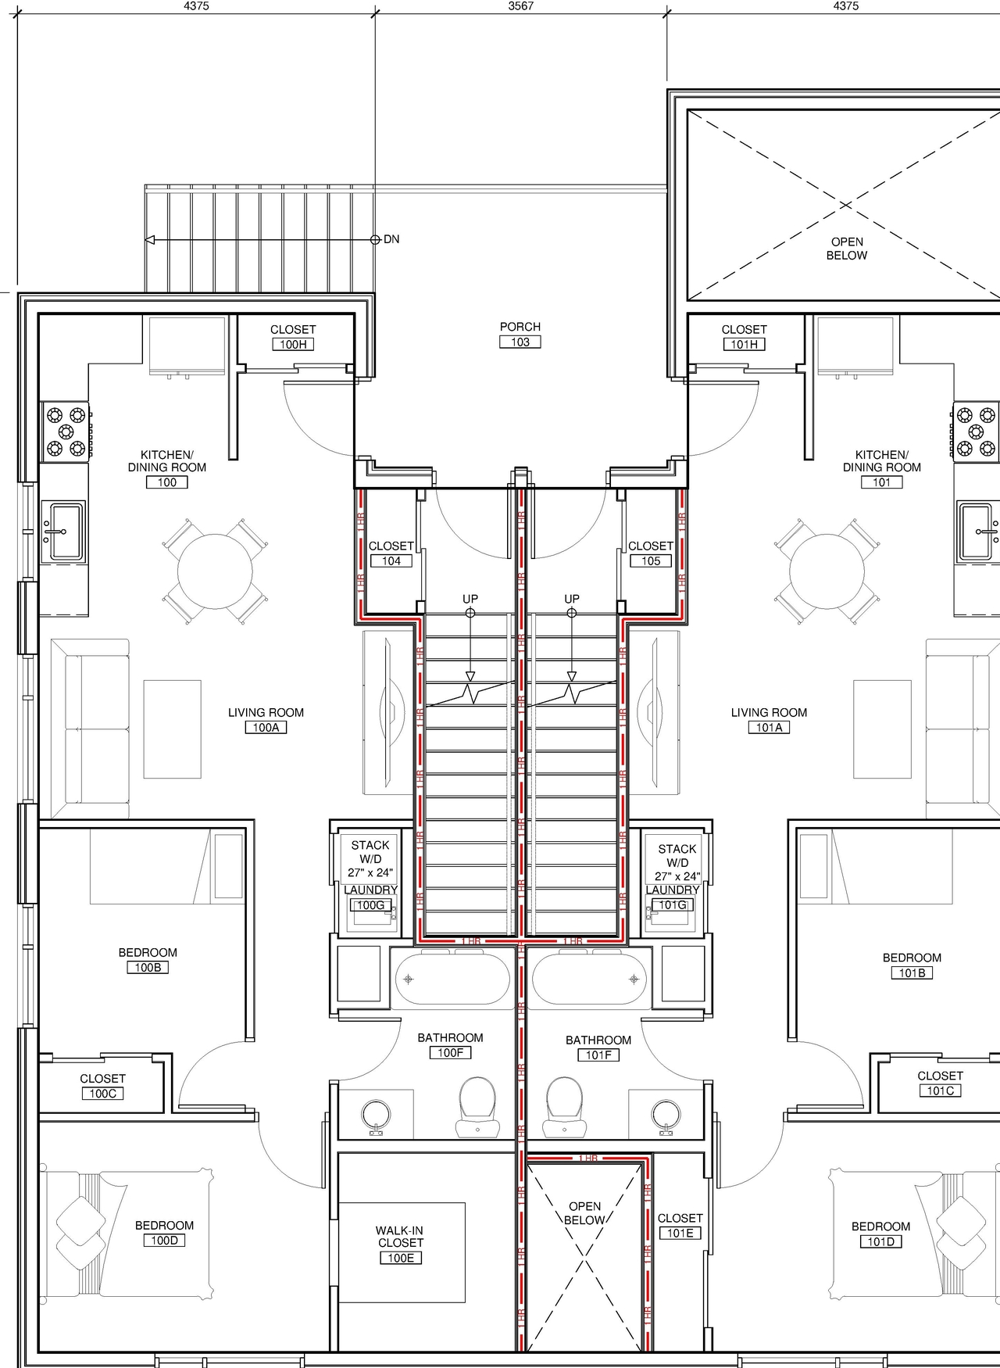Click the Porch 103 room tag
[x=520, y=342]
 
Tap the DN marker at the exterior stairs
[x=391, y=239]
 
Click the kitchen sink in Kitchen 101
[x=977, y=532]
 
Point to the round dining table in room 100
[x=215, y=571]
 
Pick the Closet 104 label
[x=391, y=553]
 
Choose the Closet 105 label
[x=651, y=553]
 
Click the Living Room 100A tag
[x=266, y=727]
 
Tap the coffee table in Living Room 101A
[x=882, y=729]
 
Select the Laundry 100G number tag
[x=370, y=905]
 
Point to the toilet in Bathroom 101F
[x=565, y=1105]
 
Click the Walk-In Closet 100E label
[x=401, y=1244]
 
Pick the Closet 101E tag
[x=680, y=1233]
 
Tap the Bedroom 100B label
[x=148, y=960]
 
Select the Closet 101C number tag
[x=940, y=1090]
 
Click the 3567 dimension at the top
[x=521, y=6]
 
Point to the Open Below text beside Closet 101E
[x=584, y=1213]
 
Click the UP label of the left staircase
[x=470, y=599]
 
